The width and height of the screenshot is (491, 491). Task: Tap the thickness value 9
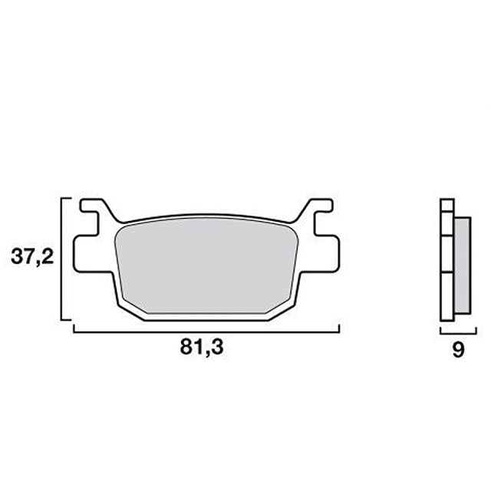pyautogui.click(x=458, y=350)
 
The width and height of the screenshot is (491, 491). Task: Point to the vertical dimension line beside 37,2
pyautogui.click(x=61, y=258)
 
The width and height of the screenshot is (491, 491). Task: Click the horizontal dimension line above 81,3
pyautogui.click(x=206, y=331)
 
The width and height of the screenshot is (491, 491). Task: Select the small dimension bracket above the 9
pyautogui.click(x=453, y=331)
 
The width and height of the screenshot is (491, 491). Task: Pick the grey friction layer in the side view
pyautogui.click(x=463, y=264)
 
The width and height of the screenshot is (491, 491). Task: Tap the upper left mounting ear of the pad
pyautogui.click(x=94, y=209)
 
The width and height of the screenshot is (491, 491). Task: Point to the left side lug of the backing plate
pyautogui.click(x=81, y=253)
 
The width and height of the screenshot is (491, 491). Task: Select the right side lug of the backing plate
pyautogui.click(x=331, y=253)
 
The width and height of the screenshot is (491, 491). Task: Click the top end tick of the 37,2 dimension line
pyautogui.click(x=65, y=198)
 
